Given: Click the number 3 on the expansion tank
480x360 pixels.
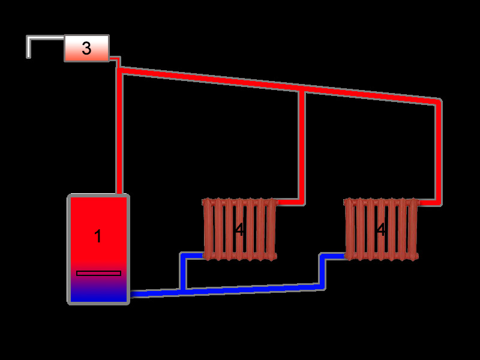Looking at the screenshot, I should coord(86,49).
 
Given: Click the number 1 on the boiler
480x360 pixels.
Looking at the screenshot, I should coord(98,236).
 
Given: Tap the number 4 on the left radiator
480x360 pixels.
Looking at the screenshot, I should coord(239,230).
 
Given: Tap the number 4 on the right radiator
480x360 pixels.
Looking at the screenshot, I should coord(380,230).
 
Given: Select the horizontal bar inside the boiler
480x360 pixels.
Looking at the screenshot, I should coord(98,274).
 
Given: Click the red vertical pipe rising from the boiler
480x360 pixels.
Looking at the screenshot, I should coord(119,132).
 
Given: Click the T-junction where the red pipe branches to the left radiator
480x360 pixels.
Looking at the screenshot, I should coord(302,91).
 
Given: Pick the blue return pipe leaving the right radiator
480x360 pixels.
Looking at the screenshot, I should coord(323,270).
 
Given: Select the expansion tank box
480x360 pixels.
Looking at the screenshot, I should coord(86,48).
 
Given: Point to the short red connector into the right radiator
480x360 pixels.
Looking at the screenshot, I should coord(428,203).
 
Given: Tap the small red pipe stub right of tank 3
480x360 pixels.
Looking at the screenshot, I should coord(116,61).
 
